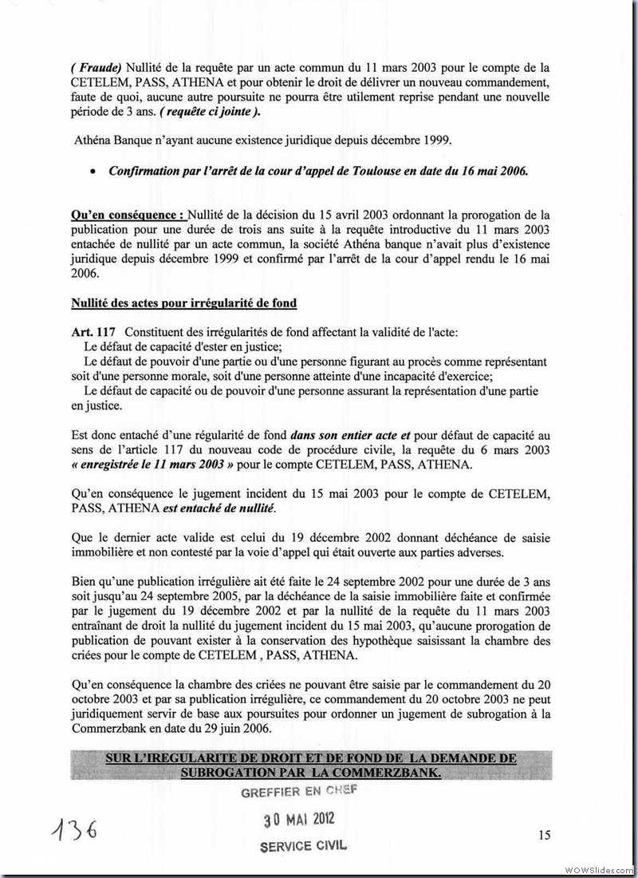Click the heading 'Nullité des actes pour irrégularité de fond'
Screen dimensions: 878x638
tap(185, 303)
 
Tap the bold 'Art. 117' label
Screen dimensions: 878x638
tap(94, 331)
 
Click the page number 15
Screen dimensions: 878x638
tap(544, 835)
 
